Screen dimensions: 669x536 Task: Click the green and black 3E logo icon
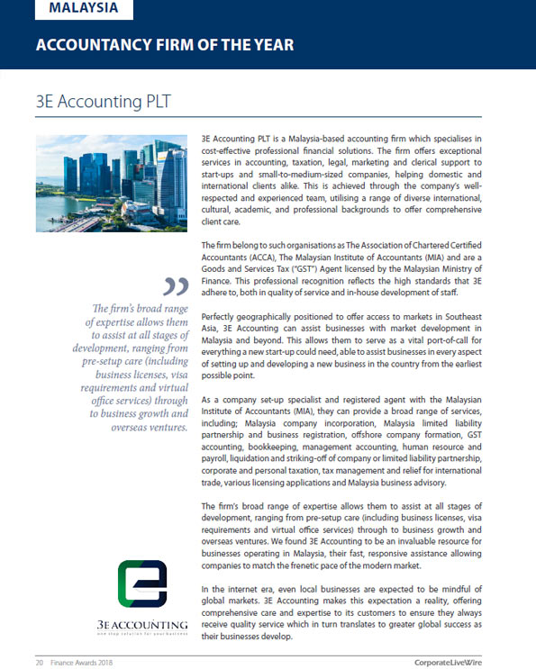pyautogui.click(x=142, y=583)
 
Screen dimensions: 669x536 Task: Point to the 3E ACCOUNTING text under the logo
pyautogui.click(x=142, y=624)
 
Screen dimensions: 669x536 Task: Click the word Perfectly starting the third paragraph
pyautogui.click(x=222, y=317)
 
